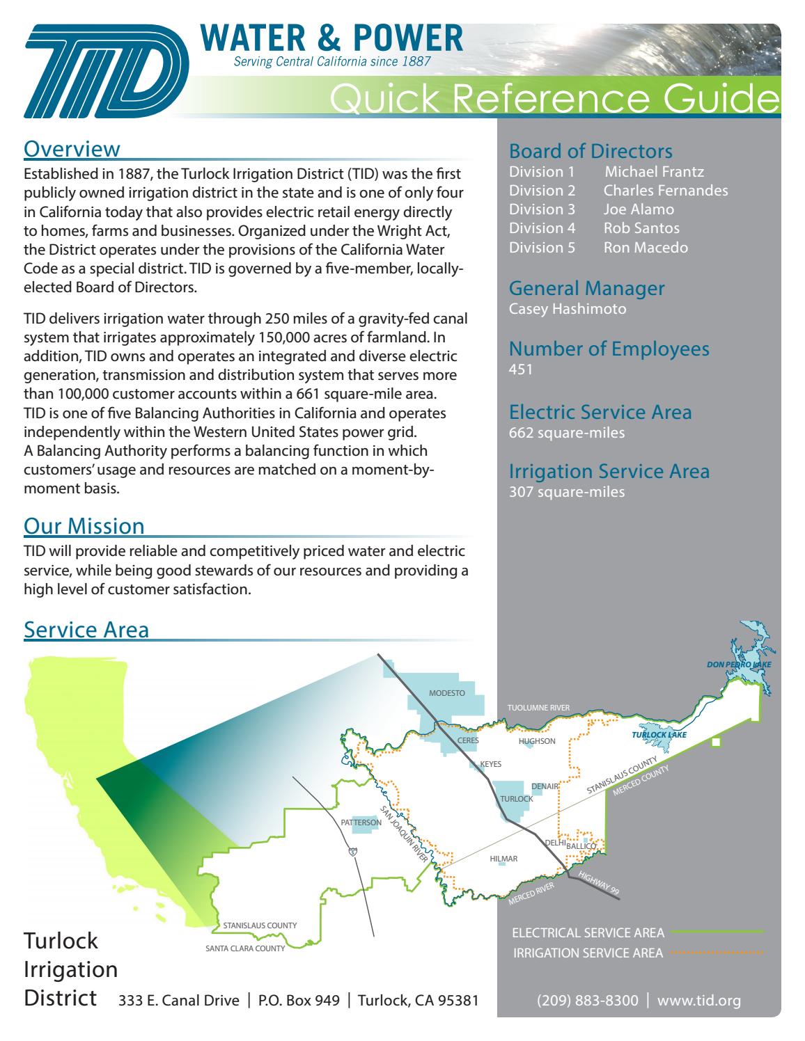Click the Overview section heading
click(x=72, y=149)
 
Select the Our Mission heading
click(x=84, y=525)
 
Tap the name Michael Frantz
click(x=654, y=172)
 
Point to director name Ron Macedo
click(x=646, y=247)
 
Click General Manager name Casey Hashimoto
click(x=568, y=309)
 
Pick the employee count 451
click(x=521, y=369)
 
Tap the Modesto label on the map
click(x=446, y=693)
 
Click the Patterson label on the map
click(x=361, y=823)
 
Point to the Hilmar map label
click(x=503, y=859)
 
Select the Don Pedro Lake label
click(x=739, y=665)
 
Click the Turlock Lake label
click(x=659, y=735)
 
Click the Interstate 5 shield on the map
click(x=354, y=852)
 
